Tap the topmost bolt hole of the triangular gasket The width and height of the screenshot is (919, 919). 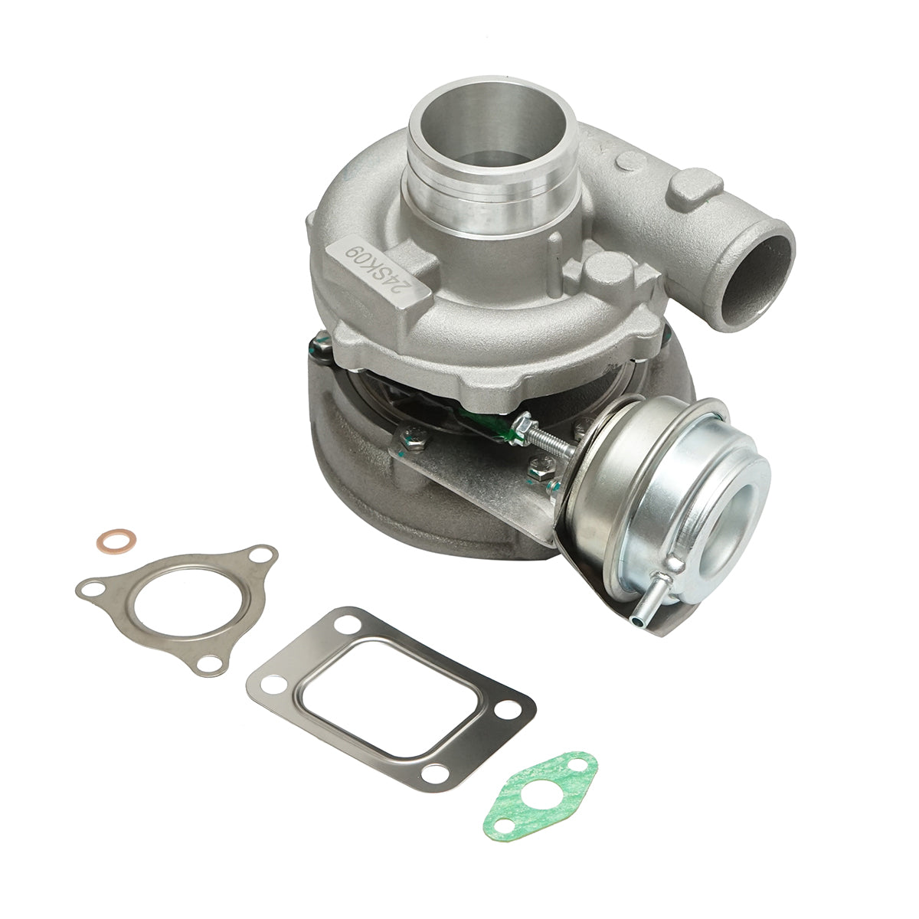(264, 553)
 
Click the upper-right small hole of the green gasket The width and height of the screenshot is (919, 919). (584, 763)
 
